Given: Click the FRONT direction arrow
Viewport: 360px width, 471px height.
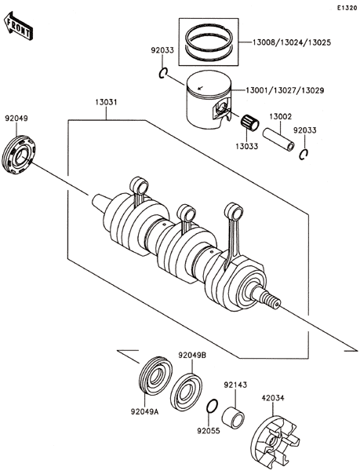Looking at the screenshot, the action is point(18,26).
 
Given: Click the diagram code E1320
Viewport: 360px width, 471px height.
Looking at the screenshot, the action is point(347,8).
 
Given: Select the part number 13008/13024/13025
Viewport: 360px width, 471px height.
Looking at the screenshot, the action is point(291,42).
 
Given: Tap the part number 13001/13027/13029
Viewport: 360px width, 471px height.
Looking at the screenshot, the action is point(285,90).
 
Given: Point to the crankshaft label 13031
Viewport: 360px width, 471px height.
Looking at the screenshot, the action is point(106,102).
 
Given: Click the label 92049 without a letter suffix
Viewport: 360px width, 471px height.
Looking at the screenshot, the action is point(16,119).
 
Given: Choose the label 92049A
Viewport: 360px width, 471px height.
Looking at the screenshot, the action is point(144,411).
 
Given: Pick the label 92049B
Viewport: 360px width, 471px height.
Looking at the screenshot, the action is point(192,356).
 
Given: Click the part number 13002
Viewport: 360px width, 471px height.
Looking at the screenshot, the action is point(281,116).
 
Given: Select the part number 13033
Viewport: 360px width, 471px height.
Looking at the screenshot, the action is point(246,146).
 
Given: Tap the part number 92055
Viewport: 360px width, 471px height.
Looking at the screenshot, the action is point(209,431).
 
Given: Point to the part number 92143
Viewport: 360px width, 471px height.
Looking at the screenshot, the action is point(235,385).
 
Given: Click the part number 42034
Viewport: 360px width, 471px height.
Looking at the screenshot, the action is point(273,398).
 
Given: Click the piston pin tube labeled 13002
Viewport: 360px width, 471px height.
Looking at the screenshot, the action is point(278,140).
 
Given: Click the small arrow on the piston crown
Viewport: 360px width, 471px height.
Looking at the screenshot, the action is point(201,88).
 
